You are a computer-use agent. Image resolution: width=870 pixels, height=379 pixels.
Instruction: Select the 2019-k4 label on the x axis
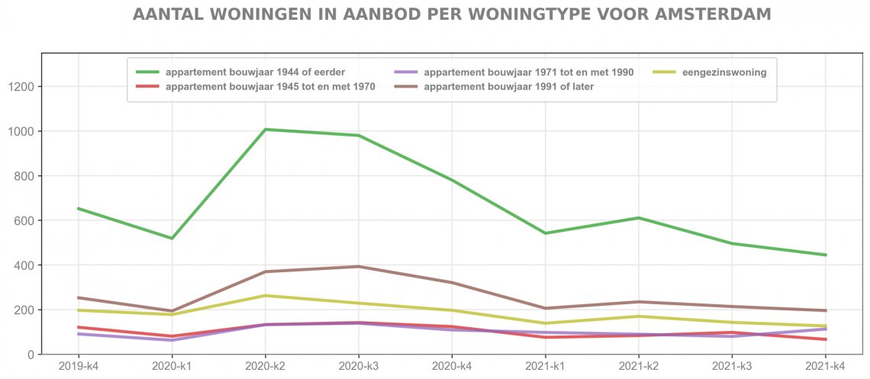[x=79, y=367]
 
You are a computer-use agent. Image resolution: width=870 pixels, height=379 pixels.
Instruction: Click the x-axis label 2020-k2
[x=265, y=367]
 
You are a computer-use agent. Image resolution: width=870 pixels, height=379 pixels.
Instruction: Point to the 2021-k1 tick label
[x=545, y=367]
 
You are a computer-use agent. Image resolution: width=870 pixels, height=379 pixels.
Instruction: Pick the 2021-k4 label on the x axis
[x=826, y=367]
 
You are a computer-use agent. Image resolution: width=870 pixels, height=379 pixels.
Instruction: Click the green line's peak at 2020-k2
[x=265, y=130]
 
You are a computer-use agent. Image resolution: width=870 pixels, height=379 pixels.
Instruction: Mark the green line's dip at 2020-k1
[x=172, y=239]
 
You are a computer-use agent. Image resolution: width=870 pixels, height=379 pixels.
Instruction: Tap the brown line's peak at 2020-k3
[x=359, y=266]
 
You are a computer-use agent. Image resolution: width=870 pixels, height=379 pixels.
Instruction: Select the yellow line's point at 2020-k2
[x=265, y=295]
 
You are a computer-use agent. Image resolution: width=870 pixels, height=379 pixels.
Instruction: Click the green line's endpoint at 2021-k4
[x=826, y=255]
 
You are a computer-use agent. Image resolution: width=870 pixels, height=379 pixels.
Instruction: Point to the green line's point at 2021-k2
[x=639, y=218]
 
